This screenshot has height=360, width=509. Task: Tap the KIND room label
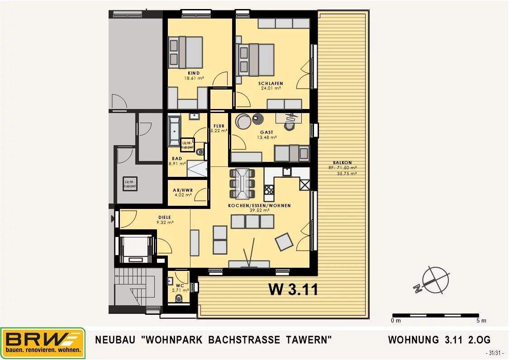pos(194,73)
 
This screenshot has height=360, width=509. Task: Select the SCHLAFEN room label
pos(271,84)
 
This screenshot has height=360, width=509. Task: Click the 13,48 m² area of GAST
pos(267,137)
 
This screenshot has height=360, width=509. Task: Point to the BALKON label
pos(342,163)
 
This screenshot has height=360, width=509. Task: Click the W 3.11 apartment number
pos(293,289)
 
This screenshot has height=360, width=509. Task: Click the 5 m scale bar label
pos(481,321)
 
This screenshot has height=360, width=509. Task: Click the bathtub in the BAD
pos(174,131)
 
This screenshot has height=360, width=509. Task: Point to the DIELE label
pos(164,217)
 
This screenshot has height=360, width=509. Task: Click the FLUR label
pos(219,126)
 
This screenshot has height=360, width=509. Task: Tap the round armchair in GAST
pos(243,121)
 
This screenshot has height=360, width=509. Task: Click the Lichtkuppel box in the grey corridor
pos(129,184)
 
